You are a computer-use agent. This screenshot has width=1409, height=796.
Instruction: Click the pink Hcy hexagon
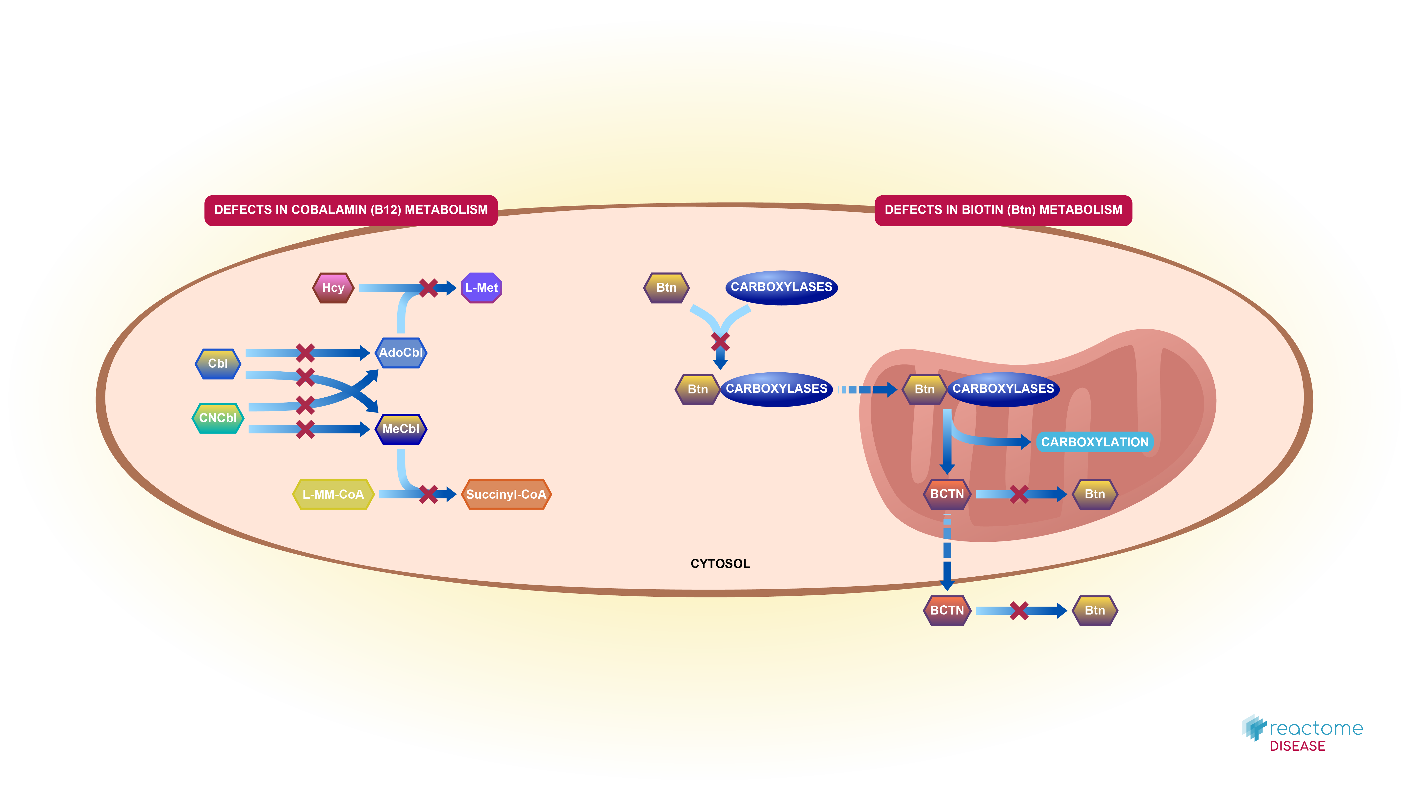pos(333,288)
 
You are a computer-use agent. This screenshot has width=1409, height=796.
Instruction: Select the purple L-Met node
pos(481,288)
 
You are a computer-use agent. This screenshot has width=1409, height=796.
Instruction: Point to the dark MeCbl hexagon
pos(401,429)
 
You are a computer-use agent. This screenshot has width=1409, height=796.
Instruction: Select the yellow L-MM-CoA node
pos(333,494)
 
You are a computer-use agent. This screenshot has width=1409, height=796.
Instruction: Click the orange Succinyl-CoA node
pos(506,494)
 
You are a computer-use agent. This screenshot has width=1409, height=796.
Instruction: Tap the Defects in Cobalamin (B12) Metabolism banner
pos(351,210)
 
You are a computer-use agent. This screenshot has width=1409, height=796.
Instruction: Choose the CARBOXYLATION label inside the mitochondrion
pos(1094,442)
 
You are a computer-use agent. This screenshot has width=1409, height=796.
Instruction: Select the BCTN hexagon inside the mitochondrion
pos(947,494)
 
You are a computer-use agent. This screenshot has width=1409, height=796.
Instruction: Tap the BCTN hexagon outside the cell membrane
pos(947,611)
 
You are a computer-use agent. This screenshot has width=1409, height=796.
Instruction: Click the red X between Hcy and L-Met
pos(428,288)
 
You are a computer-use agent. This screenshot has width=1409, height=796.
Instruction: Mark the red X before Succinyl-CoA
pos(428,494)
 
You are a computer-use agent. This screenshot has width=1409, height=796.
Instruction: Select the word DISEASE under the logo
pos(1297,746)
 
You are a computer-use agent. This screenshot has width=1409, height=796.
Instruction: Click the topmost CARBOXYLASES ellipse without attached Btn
pos(781,287)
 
